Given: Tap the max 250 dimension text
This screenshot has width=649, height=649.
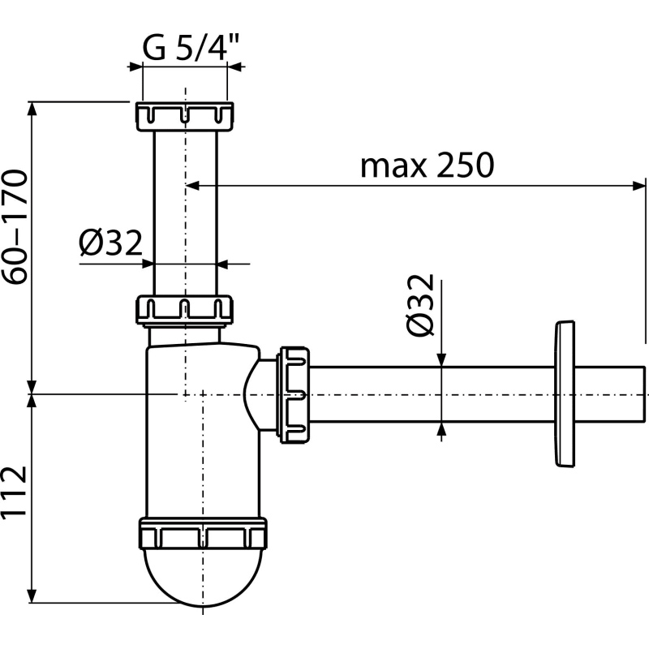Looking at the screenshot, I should tap(427, 165).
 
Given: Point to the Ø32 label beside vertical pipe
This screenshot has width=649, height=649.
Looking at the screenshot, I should tap(110, 243).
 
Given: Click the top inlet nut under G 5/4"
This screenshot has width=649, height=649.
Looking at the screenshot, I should tap(185, 116).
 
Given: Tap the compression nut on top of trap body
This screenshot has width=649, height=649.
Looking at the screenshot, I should tap(185, 309).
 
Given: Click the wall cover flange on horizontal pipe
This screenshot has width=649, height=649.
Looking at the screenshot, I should tap(562, 394).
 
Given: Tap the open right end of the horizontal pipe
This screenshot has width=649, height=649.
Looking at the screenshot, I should tap(641, 394).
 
